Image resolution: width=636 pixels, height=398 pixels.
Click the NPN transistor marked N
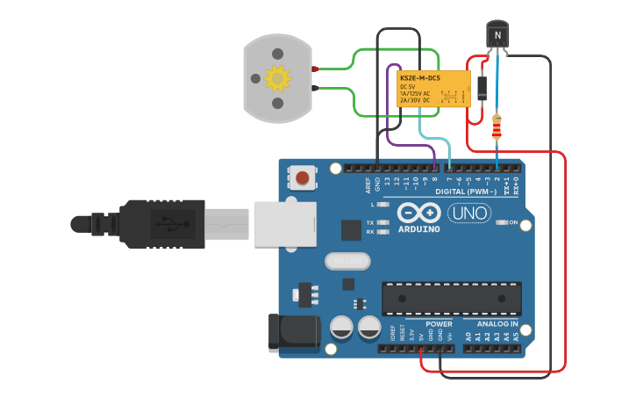pyautogui.click(x=497, y=35)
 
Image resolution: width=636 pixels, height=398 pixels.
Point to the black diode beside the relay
pyautogui.click(x=482, y=85)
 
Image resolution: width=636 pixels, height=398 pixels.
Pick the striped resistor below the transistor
pyautogui.click(x=497, y=127)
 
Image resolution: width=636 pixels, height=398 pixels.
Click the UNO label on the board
pyautogui.click(x=469, y=213)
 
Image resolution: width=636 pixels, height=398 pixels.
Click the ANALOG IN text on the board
pyautogui.click(x=497, y=324)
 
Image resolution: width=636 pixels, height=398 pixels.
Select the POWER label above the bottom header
pyautogui.click(x=439, y=324)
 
